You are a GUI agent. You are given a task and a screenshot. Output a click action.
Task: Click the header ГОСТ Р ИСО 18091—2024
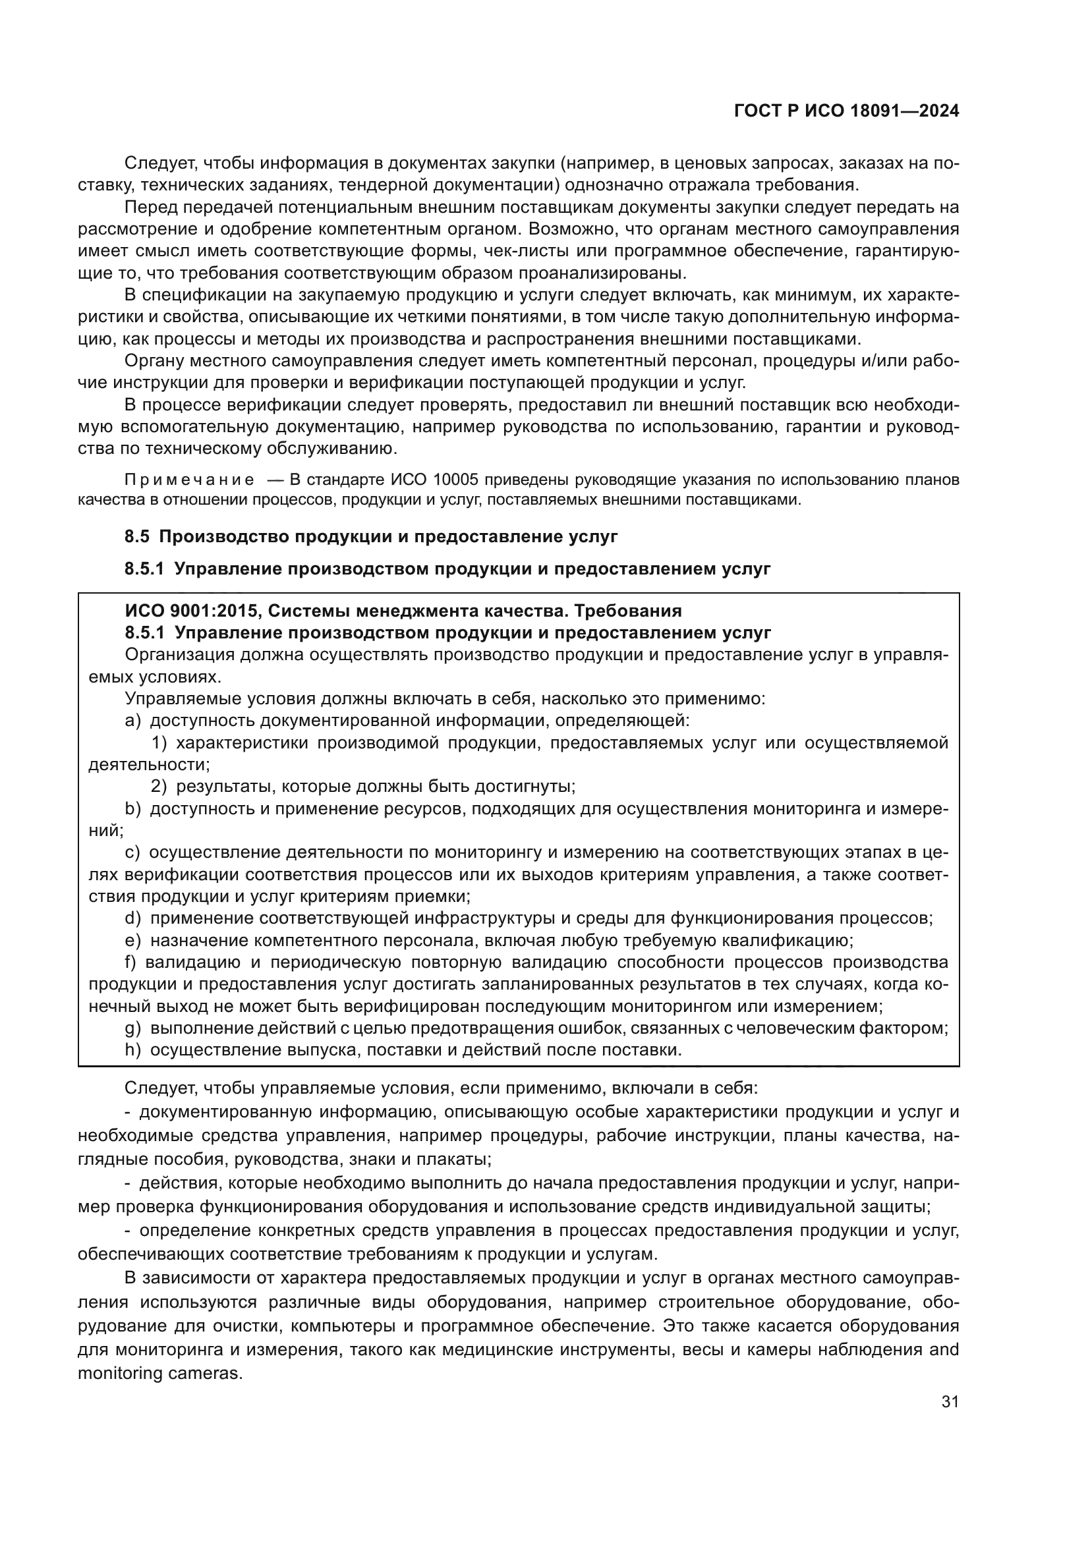846,111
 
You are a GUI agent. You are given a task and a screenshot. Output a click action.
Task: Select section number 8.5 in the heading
137,536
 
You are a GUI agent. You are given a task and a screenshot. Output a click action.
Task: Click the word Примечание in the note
189,480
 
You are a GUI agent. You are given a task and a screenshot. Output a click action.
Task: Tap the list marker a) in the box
132,720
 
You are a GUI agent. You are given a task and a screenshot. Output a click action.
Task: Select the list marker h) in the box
132,1050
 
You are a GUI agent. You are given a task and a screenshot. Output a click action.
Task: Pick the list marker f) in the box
131,963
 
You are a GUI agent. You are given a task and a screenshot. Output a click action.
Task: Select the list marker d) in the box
132,918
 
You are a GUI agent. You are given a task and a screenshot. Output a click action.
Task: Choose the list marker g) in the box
132,1028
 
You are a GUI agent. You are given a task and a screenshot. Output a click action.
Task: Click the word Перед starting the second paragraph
149,207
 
